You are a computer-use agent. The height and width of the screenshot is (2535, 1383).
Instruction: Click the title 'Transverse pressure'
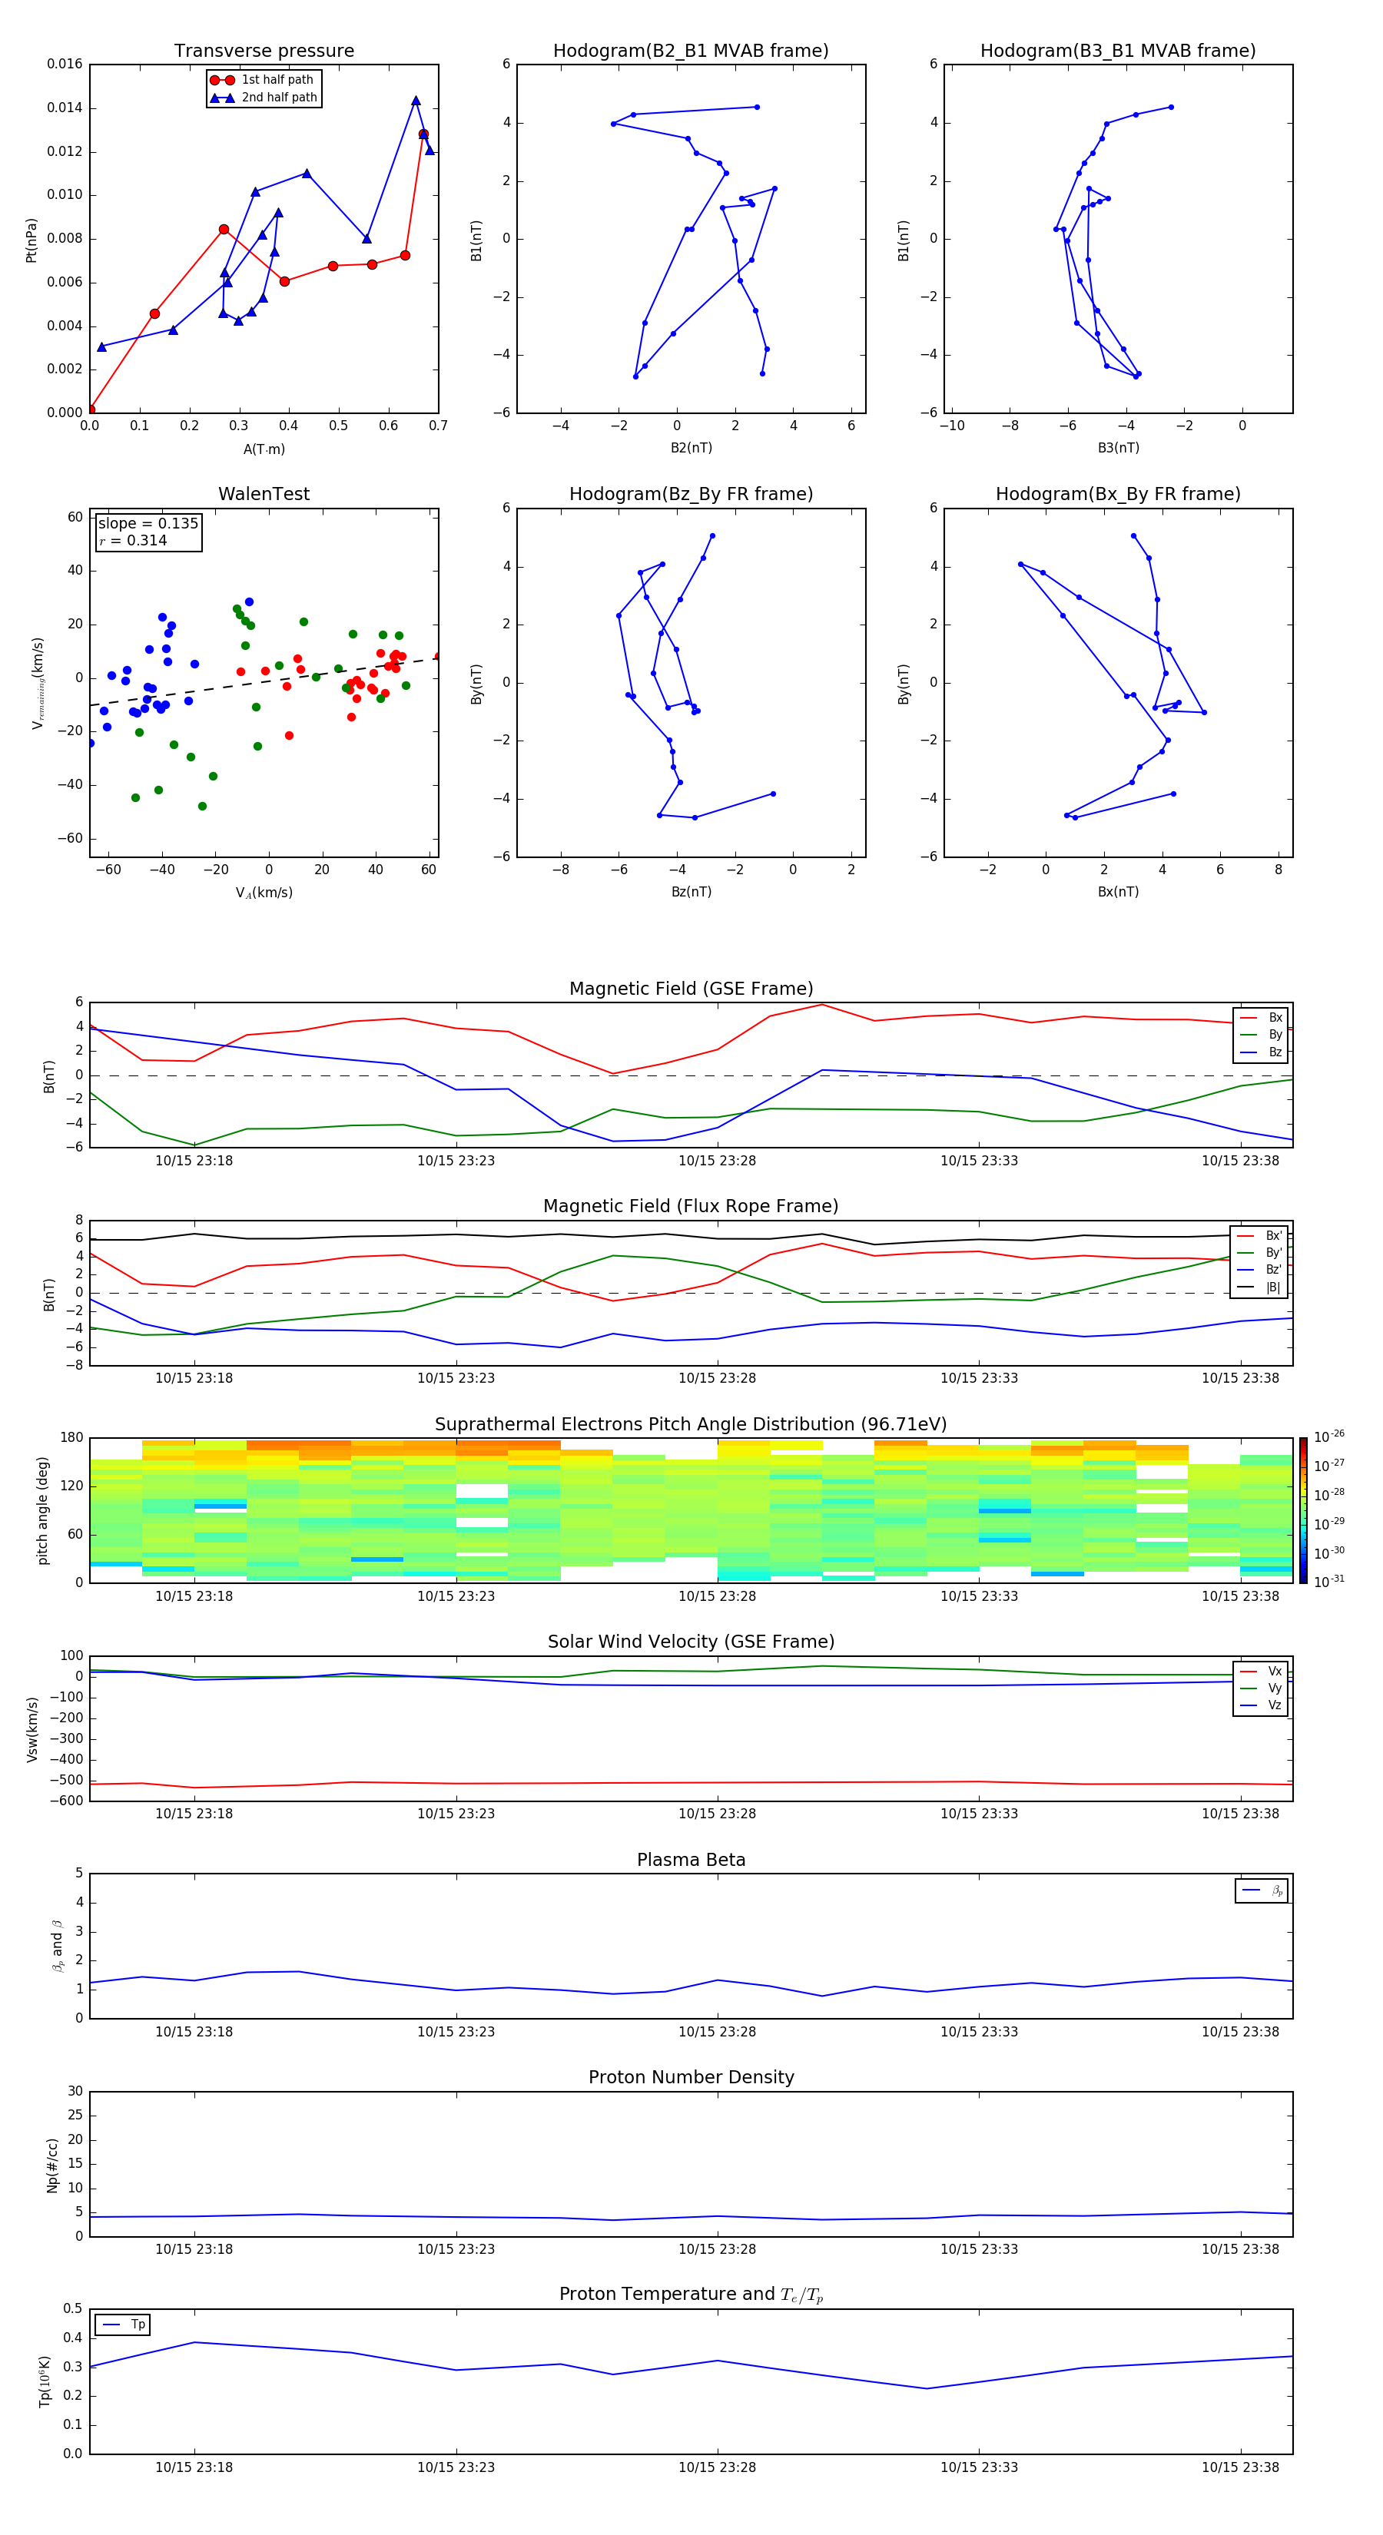point(264,51)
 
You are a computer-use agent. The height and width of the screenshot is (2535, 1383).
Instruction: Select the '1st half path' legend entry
point(277,80)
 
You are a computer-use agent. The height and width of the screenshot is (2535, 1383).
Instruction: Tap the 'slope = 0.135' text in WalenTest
point(148,524)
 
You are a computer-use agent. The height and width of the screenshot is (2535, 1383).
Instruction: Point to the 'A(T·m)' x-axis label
point(264,449)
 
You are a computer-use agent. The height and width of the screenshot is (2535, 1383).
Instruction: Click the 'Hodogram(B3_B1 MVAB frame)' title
point(1117,51)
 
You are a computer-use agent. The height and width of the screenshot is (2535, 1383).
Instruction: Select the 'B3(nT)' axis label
point(1118,448)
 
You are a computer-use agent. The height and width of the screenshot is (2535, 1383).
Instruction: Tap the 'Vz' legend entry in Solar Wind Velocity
point(1274,1705)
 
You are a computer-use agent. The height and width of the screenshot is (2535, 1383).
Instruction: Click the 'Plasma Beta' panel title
point(691,1860)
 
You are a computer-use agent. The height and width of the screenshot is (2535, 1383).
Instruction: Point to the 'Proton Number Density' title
point(691,2077)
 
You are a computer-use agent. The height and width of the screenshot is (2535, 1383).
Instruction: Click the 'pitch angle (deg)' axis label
point(42,1510)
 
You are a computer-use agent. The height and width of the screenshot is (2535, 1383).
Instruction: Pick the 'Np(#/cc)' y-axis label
point(52,2165)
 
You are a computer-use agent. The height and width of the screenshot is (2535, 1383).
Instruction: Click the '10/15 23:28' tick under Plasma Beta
point(717,2031)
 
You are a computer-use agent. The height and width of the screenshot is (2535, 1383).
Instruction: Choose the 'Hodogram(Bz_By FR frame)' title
point(691,494)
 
